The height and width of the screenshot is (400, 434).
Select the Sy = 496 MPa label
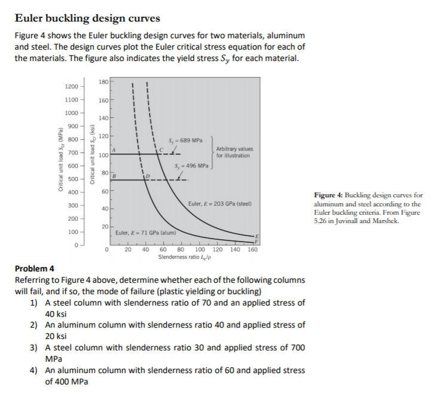coord(191,166)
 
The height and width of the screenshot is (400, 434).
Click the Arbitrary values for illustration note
coord(234,152)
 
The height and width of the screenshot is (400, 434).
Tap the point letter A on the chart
coord(114,149)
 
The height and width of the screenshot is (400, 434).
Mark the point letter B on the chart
coord(114,175)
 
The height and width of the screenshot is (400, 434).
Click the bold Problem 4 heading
coord(34,268)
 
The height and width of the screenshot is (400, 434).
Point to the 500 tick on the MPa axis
coord(74,179)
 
